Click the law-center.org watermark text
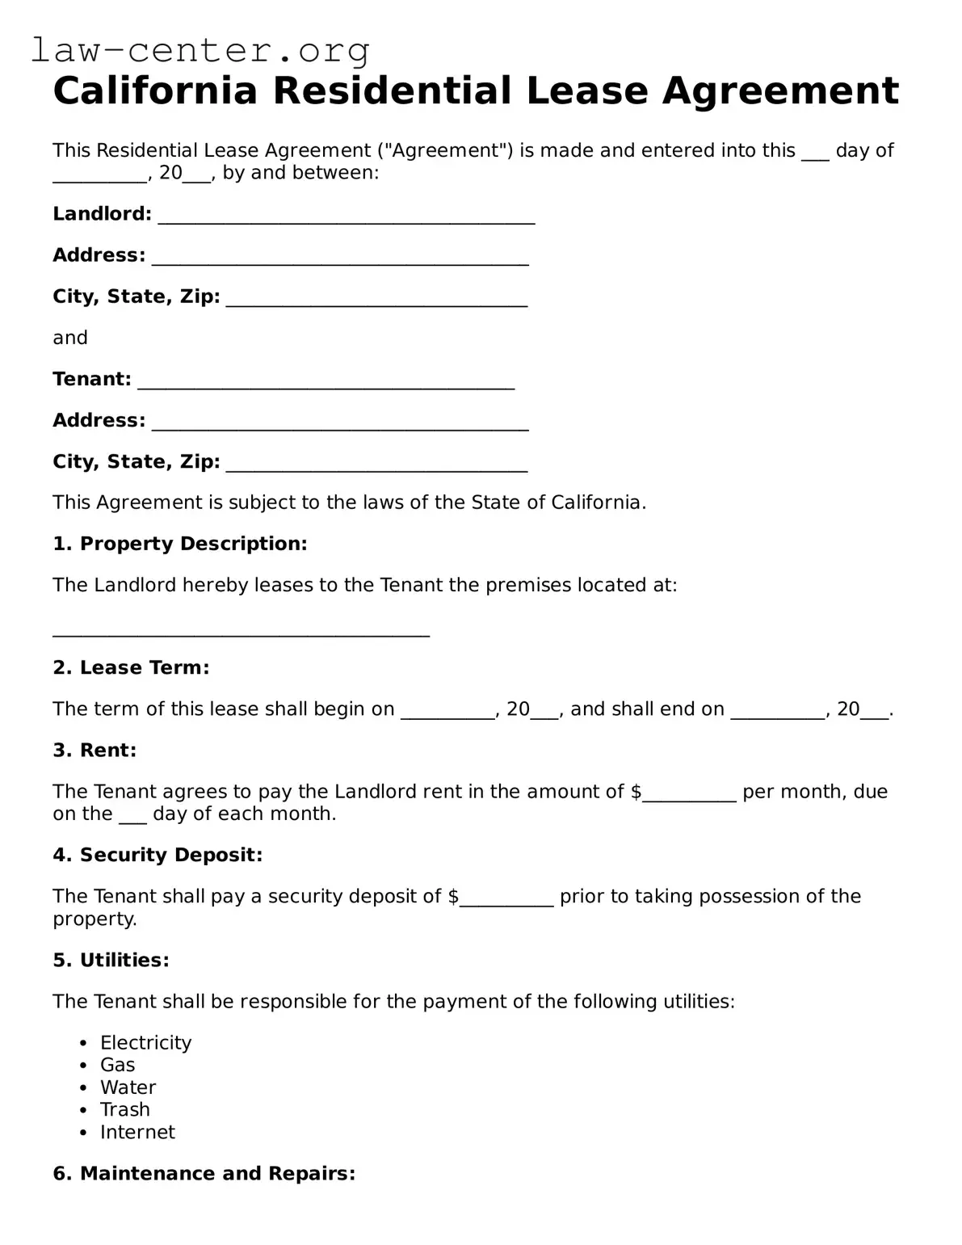coord(200,50)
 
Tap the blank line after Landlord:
coord(346,217)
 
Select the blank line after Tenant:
coord(326,382)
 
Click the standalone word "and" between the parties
coord(70,338)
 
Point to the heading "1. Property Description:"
coord(180,544)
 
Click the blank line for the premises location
coord(241,632)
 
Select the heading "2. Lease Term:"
coord(131,667)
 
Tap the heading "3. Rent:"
coord(95,750)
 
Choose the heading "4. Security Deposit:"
coord(158,855)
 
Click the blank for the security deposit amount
coord(506,900)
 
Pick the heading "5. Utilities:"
coord(111,960)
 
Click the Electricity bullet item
coord(145,1043)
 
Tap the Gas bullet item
coord(117,1065)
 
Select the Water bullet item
coord(128,1087)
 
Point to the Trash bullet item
coord(124,1110)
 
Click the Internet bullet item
coord(137,1132)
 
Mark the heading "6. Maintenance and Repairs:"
coord(204,1173)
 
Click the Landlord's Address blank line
coord(340,258)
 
